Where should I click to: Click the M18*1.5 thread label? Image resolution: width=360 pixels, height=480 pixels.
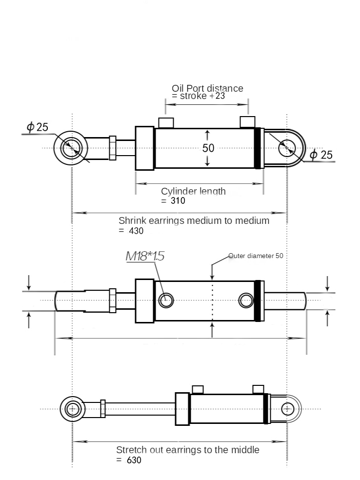(x=145, y=256)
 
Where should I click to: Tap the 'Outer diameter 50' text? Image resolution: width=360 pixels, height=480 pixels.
(x=256, y=256)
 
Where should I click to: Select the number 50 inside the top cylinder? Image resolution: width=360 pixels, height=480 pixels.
(x=208, y=148)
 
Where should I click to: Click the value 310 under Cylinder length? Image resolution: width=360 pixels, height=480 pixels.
(x=178, y=201)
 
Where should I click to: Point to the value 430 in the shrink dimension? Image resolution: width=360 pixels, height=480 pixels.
(x=136, y=231)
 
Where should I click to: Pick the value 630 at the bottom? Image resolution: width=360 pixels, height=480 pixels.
(x=134, y=460)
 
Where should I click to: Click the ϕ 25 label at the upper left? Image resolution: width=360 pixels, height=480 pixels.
(x=38, y=127)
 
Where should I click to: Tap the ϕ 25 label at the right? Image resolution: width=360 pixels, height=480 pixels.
(x=321, y=155)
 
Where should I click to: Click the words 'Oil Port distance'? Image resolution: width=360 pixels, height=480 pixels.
(x=207, y=88)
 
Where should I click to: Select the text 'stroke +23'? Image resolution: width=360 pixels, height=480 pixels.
(x=202, y=96)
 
